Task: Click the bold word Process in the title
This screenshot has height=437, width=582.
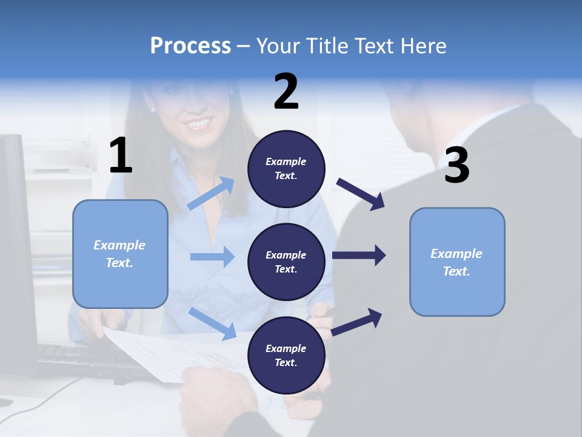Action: pos(190,46)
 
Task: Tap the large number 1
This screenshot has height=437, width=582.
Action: pos(121,156)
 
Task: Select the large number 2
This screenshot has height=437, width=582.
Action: pos(286,92)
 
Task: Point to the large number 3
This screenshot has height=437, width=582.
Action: pos(457,166)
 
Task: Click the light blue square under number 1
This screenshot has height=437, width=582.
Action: pos(120,254)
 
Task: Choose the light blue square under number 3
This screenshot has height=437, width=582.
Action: pos(457,262)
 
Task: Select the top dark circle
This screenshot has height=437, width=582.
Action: pos(286,169)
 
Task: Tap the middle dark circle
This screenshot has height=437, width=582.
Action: pos(286,262)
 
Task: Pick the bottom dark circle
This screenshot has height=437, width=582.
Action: pos(286,355)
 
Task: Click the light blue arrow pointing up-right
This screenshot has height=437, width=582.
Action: pos(211,194)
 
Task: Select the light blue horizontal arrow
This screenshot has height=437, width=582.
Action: pos(212,257)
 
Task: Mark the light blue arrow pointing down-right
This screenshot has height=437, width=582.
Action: pos(213,323)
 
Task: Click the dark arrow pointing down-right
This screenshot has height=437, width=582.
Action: pos(361,194)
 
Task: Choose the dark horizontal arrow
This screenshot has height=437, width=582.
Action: pos(359,256)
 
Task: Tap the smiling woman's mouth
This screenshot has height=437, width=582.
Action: pos(199,124)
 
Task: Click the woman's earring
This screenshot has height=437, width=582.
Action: pos(152,109)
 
